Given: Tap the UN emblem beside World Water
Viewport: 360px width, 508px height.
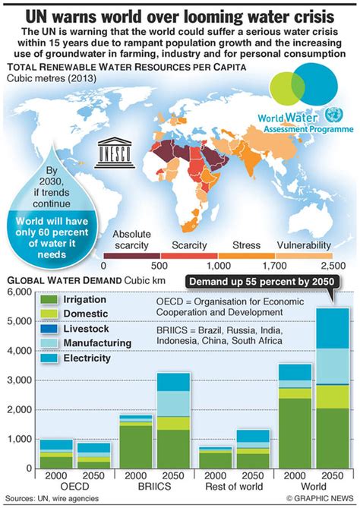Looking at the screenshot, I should [332, 116].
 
